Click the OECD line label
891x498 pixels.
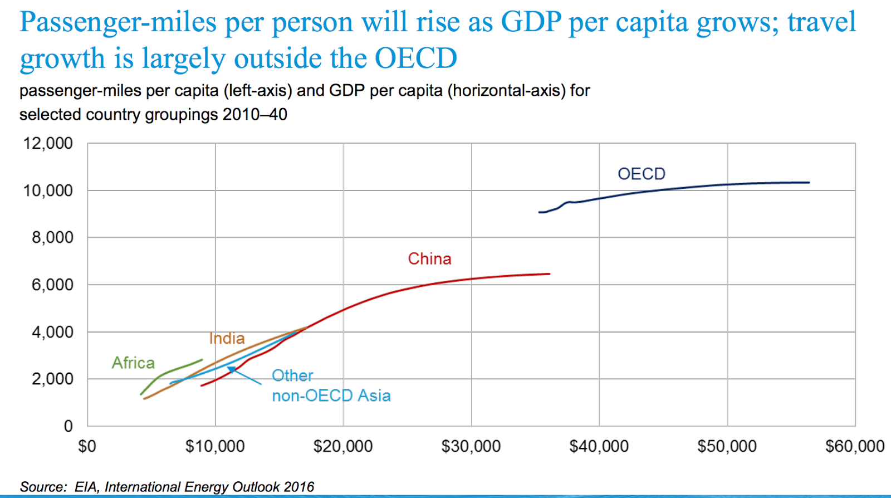[641, 174]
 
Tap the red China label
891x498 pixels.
[429, 258]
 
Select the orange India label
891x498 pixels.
[227, 338]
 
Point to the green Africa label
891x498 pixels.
[133, 363]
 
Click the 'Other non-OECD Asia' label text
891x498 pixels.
[331, 385]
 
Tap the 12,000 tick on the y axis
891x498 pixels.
[48, 143]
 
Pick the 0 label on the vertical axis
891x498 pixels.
[68, 426]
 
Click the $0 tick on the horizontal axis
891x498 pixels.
[87, 446]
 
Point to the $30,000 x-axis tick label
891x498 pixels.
[471, 446]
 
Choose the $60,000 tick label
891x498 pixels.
[854, 446]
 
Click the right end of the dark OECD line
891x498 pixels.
[809, 182]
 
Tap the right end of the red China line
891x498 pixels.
[549, 274]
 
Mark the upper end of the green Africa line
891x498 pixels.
[202, 359]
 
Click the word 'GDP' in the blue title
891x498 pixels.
[531, 22]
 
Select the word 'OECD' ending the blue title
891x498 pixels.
[415, 58]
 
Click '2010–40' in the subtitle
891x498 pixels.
[255, 114]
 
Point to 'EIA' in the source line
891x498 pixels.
[86, 487]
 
